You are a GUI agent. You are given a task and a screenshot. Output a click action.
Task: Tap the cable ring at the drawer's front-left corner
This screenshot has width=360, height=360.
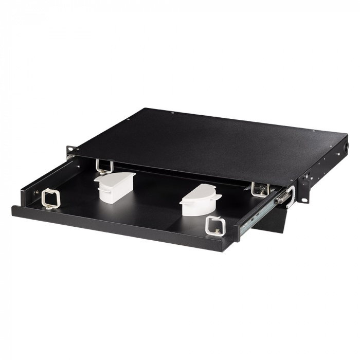[x=51, y=197]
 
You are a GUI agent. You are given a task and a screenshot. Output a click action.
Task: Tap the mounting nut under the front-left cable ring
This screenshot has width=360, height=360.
[x=49, y=206]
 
